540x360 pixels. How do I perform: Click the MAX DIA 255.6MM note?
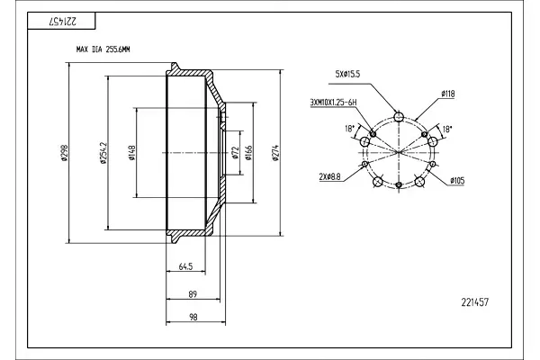(103, 49)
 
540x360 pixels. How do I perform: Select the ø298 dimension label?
(65, 153)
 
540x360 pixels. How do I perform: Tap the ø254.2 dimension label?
(103, 153)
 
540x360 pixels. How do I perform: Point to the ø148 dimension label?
(131, 153)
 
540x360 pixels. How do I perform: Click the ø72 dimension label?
(236, 153)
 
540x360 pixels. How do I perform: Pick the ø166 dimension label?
(249, 153)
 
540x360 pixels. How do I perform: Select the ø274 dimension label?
(275, 153)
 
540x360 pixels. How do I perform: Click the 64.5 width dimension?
(185, 266)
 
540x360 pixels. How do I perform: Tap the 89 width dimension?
(193, 294)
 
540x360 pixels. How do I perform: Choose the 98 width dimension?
(193, 317)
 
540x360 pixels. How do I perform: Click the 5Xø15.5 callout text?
(347, 74)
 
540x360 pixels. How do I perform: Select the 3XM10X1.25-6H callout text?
(333, 103)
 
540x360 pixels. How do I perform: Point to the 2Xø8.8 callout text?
(330, 177)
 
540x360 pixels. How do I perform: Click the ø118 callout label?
(447, 94)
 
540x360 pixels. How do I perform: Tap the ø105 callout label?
(457, 180)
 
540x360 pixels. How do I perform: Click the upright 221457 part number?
(475, 302)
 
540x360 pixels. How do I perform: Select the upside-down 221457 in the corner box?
(63, 22)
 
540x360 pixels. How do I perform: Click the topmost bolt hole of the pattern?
(399, 117)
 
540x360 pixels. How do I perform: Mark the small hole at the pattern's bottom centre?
(399, 185)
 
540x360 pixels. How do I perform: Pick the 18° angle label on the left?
(349, 129)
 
